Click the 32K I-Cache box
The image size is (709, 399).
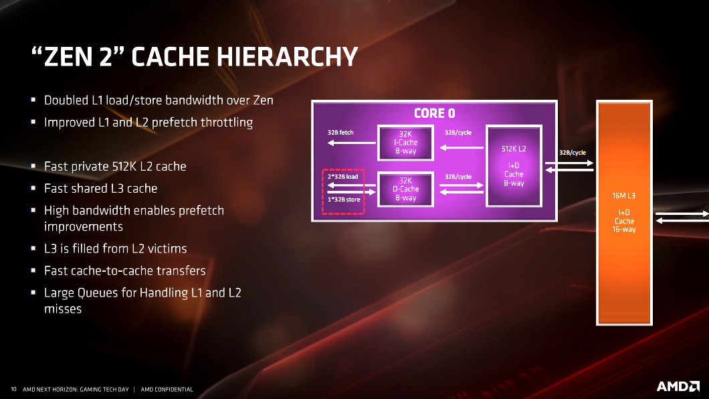pos(405,143)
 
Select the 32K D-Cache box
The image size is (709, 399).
pos(405,189)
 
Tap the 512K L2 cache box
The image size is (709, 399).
pos(514,165)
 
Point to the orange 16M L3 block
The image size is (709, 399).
pos(624,213)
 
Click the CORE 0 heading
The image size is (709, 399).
pos(435,113)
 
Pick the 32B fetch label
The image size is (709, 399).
pos(340,133)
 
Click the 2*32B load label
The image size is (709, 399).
pos(342,177)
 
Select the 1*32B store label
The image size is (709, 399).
pos(344,199)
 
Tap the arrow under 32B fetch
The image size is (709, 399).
pos(351,143)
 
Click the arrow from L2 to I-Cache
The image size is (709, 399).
pos(462,147)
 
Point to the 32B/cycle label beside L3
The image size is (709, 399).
pos(573,153)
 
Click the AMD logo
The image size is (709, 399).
pos(678,386)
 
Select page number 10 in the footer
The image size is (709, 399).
pos(13,389)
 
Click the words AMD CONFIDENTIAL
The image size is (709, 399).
pos(167,389)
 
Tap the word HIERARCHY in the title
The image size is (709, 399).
pos(287,56)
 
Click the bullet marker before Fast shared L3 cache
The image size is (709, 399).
pos(33,187)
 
